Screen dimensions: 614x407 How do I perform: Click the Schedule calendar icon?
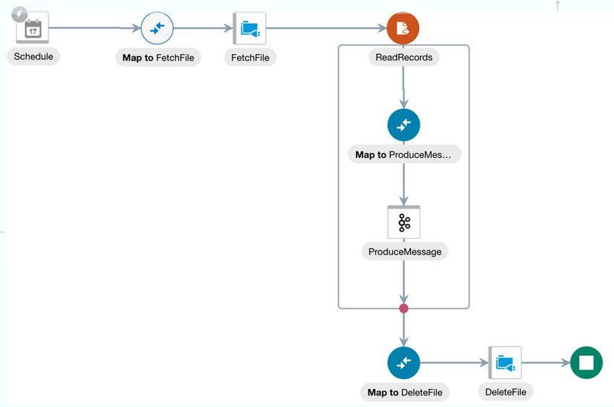click(x=33, y=28)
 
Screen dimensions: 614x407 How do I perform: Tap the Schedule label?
click(x=33, y=56)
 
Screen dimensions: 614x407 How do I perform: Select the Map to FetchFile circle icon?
click(x=157, y=28)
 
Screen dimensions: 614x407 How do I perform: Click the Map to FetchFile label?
click(x=158, y=58)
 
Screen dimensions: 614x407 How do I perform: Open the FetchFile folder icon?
click(x=249, y=28)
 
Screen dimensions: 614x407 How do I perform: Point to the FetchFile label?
click(x=250, y=58)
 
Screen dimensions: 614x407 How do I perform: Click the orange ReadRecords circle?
click(x=403, y=28)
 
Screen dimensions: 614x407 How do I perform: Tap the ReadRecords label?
click(x=404, y=57)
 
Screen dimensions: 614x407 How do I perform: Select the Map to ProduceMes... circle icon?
click(x=404, y=126)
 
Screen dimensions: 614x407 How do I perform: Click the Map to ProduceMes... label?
click(x=405, y=154)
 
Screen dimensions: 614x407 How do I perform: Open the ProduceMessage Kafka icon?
click(x=404, y=222)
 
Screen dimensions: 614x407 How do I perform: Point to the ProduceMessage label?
click(x=405, y=252)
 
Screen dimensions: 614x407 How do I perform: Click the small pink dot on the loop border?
click(x=404, y=308)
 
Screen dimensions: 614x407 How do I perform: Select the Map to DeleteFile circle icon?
click(x=404, y=363)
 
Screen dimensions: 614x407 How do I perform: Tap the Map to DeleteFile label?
click(x=405, y=392)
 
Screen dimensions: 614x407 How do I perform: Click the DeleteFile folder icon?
click(x=505, y=363)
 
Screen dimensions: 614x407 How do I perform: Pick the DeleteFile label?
click(x=506, y=392)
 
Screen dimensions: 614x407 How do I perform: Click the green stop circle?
click(x=587, y=363)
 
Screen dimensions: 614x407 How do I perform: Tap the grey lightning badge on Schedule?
click(x=20, y=15)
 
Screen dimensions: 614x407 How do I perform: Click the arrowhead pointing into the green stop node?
click(x=566, y=363)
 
